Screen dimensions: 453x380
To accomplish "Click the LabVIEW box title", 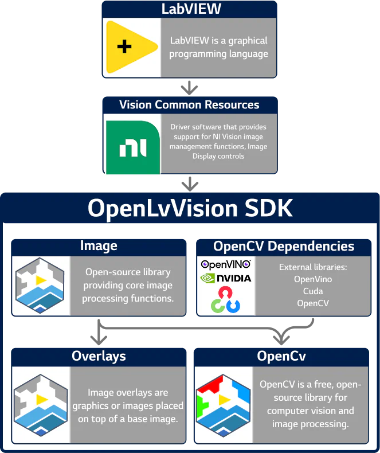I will coord(190,9).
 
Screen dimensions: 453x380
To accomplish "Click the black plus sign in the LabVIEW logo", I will coord(124,46).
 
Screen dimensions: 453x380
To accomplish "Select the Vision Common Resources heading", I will coord(189,105).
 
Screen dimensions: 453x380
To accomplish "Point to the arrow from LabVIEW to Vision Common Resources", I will coord(190,88).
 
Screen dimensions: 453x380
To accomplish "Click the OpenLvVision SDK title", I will coord(190,209).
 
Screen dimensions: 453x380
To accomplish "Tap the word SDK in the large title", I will coord(268,209).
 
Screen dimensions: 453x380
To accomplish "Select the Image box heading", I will coord(99,247).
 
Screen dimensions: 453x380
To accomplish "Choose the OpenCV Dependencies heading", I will coord(284,247).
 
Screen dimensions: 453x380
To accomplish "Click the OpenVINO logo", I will coord(226,265).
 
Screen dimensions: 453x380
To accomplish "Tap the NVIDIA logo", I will coord(226,278).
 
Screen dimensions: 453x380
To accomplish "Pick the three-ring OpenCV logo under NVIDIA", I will coord(226,299).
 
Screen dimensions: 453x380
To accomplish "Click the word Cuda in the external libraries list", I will coord(313,291).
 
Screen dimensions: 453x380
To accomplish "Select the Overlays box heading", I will coord(99,356).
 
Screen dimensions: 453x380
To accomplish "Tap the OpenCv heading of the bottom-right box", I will coord(281,356).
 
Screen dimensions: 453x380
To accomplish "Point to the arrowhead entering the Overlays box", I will coord(99,339).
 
